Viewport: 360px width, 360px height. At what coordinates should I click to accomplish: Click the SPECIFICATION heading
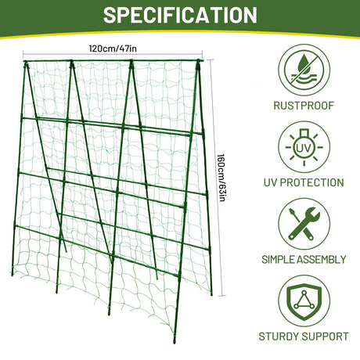coord(180,15)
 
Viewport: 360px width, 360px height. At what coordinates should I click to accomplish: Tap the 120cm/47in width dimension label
coord(113,49)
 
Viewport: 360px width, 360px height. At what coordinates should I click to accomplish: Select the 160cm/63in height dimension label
coord(221,178)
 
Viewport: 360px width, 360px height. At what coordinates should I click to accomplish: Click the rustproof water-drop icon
coord(304,70)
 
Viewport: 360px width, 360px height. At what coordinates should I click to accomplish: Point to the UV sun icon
coord(304,147)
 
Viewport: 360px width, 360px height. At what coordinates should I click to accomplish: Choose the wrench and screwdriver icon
coord(304,224)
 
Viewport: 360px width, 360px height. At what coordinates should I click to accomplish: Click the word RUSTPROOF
coord(304,106)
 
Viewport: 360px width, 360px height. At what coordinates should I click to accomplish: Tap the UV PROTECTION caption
coord(304,182)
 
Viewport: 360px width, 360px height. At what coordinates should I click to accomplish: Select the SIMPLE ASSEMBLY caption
coord(304,260)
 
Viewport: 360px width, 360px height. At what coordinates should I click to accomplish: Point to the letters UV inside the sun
coord(304,148)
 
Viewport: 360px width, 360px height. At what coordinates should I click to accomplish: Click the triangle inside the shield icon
coord(304,301)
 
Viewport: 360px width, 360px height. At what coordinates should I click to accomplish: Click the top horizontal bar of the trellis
coord(113,61)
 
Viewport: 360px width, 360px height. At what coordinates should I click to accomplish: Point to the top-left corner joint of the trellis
coord(25,62)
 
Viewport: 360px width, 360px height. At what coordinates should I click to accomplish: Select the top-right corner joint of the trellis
coord(199,62)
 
